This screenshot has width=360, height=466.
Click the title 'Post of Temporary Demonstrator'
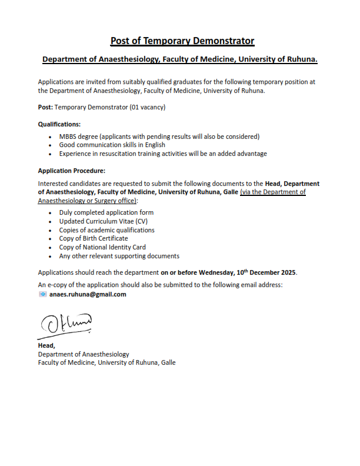coord(182,41)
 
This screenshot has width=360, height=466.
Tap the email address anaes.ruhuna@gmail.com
coord(88,294)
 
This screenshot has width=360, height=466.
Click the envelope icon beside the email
coord(42,294)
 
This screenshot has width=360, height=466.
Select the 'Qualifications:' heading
coord(59,124)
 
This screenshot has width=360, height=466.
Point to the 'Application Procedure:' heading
coord(71,171)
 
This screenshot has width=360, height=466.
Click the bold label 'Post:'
coord(45,107)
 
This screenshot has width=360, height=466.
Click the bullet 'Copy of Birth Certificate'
coord(93,239)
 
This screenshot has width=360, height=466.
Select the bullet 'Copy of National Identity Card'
coord(102,248)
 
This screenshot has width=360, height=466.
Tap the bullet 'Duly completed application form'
coord(106,212)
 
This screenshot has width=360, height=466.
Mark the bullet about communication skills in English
coord(112,145)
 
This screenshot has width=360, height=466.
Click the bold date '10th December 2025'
coord(266,273)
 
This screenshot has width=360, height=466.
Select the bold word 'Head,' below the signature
coord(46,346)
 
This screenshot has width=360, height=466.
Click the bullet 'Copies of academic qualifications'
coord(106,230)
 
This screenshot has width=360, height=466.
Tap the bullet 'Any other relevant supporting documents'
coord(119,257)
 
